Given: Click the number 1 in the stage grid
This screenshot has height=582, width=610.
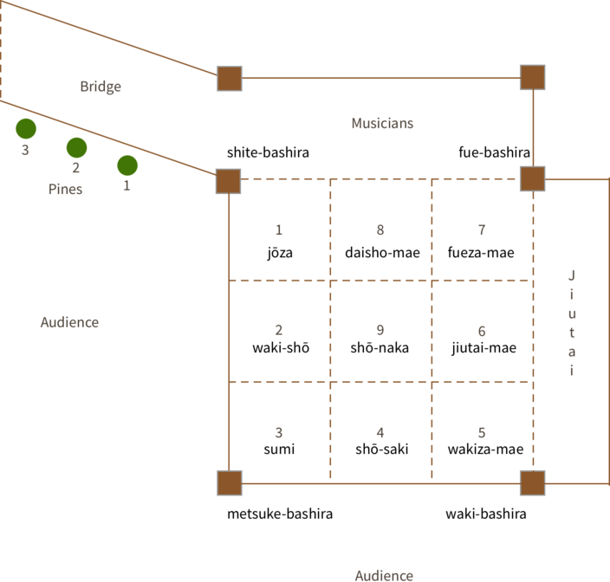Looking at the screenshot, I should pyautogui.click(x=278, y=230).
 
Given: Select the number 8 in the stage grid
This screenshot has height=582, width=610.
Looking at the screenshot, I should pyautogui.click(x=380, y=230).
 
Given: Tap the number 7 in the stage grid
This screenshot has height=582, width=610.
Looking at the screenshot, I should pyautogui.click(x=482, y=230).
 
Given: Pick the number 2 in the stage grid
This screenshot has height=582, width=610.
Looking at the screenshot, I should pyautogui.click(x=278, y=330).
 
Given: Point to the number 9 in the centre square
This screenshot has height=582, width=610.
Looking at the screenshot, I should pyautogui.click(x=380, y=330).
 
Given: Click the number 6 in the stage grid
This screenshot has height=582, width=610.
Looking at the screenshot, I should pyautogui.click(x=482, y=332).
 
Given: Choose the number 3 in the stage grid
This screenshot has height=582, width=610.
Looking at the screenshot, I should pyautogui.click(x=278, y=432).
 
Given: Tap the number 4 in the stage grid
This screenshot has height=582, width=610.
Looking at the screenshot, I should pyautogui.click(x=380, y=432).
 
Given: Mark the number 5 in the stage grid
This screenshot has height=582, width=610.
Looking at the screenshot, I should pyautogui.click(x=482, y=432).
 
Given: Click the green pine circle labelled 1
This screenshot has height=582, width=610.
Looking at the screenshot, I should pyautogui.click(x=127, y=165).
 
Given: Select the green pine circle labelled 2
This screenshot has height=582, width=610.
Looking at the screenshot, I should pyautogui.click(x=76, y=148).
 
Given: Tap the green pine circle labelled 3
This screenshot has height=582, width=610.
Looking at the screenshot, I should pyautogui.click(x=26, y=129).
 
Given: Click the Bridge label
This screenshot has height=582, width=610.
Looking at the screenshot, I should pyautogui.click(x=101, y=87).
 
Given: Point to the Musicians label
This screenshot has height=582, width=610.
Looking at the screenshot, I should pyautogui.click(x=382, y=123).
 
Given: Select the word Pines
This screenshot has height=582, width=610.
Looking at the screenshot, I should pyautogui.click(x=65, y=189).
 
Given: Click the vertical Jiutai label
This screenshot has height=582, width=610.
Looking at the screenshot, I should pyautogui.click(x=571, y=323).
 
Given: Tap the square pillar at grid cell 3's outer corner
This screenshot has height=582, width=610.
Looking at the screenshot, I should pyautogui.click(x=229, y=482).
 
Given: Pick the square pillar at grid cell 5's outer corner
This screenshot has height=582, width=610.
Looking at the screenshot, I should pyautogui.click(x=532, y=482).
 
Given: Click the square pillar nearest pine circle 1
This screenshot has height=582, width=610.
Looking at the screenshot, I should pyautogui.click(x=228, y=181).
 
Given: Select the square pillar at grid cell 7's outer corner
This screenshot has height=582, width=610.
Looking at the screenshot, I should pyautogui.click(x=532, y=179).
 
